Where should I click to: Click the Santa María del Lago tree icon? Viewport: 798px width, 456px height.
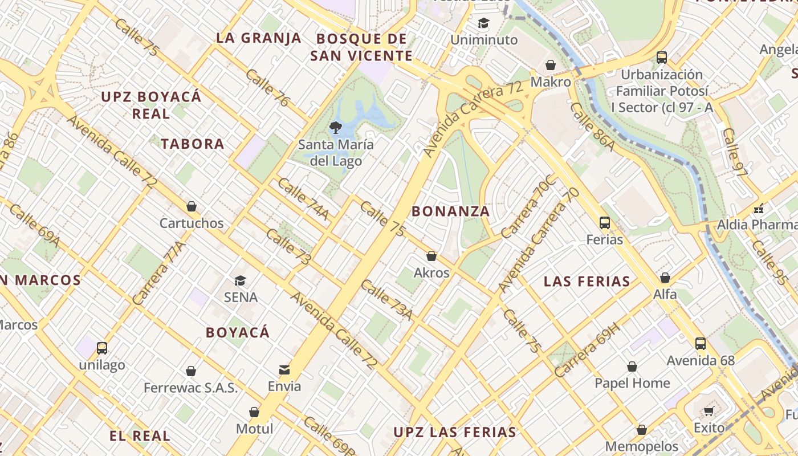pos(335,127)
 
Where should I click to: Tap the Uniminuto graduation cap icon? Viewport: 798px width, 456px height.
pos(483,23)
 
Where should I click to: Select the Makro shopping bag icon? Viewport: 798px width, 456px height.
pos(551,65)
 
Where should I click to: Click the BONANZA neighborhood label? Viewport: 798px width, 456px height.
pos(450,211)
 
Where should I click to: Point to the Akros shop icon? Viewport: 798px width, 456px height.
pos(431,256)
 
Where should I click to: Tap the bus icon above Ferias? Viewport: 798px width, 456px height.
pos(605,223)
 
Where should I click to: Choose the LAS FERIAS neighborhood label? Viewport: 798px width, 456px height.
pos(587,281)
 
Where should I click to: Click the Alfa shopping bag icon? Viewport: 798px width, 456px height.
pos(665,278)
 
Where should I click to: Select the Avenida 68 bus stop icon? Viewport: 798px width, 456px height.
pos(701,344)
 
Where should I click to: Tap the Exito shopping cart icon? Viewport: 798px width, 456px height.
pos(709,411)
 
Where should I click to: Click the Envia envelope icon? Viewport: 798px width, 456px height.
pos(284,370)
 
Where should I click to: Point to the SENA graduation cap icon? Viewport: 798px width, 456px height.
pos(240,280)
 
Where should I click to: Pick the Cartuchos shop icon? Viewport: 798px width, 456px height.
pos(192,206)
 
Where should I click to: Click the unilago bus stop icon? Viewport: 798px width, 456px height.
pos(102,348)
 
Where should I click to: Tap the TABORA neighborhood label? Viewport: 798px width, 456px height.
pos(193,144)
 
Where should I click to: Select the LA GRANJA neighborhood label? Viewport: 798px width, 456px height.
pos(259,38)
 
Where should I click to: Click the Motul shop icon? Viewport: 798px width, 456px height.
pos(254,412)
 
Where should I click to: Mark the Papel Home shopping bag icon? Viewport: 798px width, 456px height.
pos(632,367)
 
